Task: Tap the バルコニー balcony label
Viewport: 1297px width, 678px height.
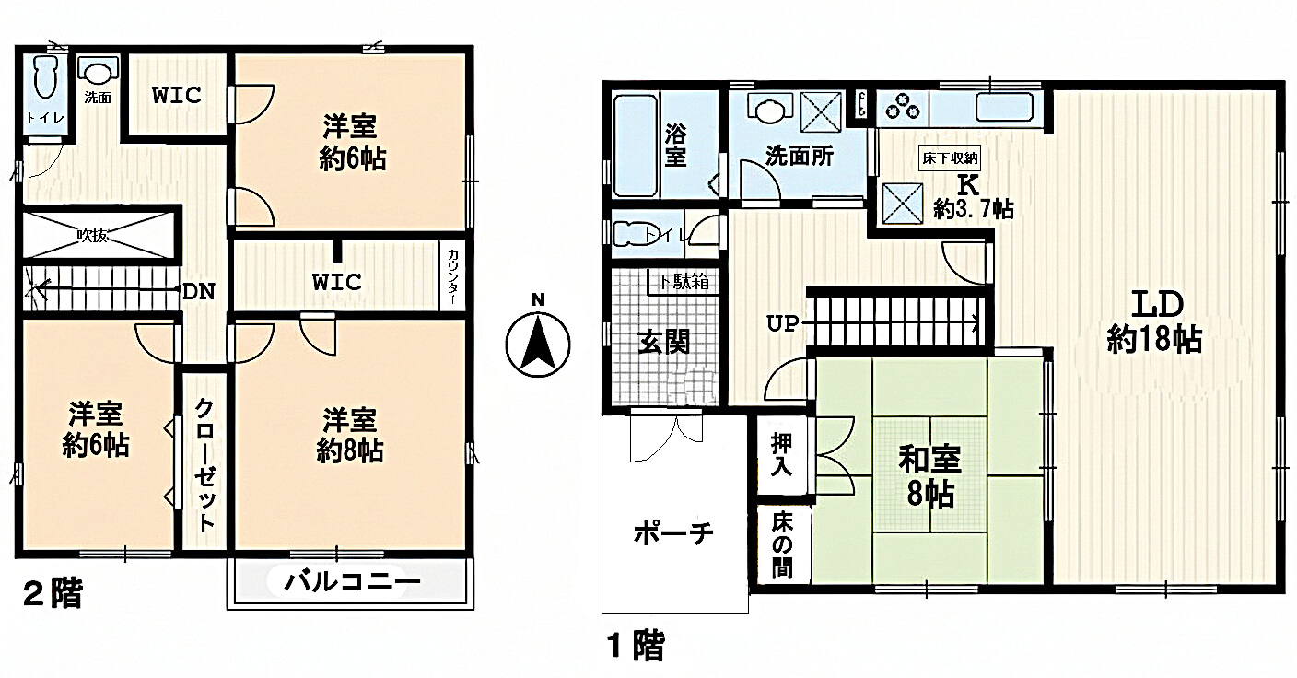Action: (x=352, y=582)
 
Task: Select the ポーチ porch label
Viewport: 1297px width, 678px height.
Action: (x=674, y=532)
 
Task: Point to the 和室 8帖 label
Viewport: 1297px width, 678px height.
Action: (x=929, y=475)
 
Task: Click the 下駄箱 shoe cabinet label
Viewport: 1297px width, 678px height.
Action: (x=683, y=282)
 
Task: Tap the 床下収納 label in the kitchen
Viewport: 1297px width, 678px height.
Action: (x=950, y=158)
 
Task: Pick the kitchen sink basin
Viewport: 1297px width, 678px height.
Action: (x=1005, y=106)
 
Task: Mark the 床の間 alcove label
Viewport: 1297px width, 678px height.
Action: (x=781, y=544)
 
